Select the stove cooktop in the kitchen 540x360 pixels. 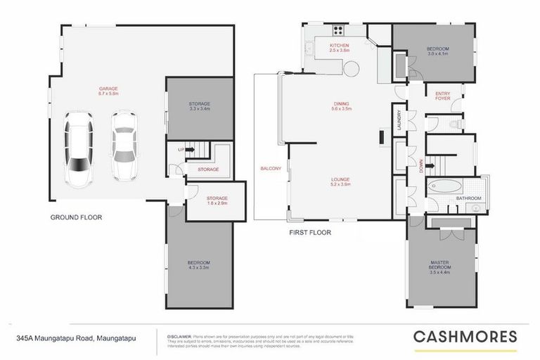coord(337,30)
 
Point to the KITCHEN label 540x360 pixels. coord(340,46)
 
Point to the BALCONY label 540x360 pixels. coord(271,169)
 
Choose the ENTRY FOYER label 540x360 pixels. coord(443,96)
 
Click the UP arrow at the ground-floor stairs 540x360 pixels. coord(184,150)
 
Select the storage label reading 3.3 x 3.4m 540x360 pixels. coord(200,109)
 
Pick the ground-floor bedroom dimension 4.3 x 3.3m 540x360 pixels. coord(199,267)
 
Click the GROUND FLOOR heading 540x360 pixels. coord(76,217)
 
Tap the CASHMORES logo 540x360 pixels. coord(465,336)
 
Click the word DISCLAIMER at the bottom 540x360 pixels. coord(176,335)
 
